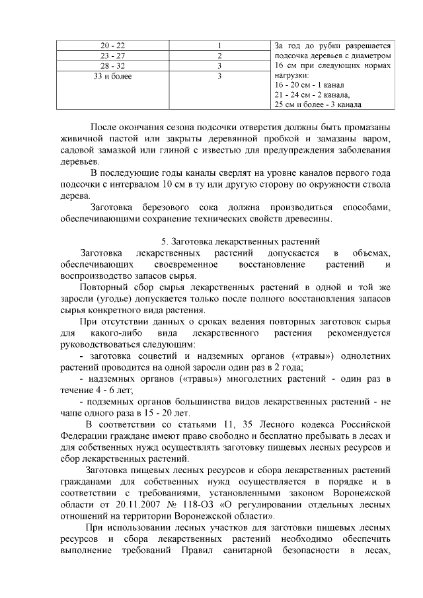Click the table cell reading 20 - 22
tap(112, 46)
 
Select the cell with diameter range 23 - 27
tap(112, 56)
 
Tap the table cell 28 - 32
tap(112, 66)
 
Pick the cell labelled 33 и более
tap(112, 77)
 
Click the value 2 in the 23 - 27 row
tap(218, 56)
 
